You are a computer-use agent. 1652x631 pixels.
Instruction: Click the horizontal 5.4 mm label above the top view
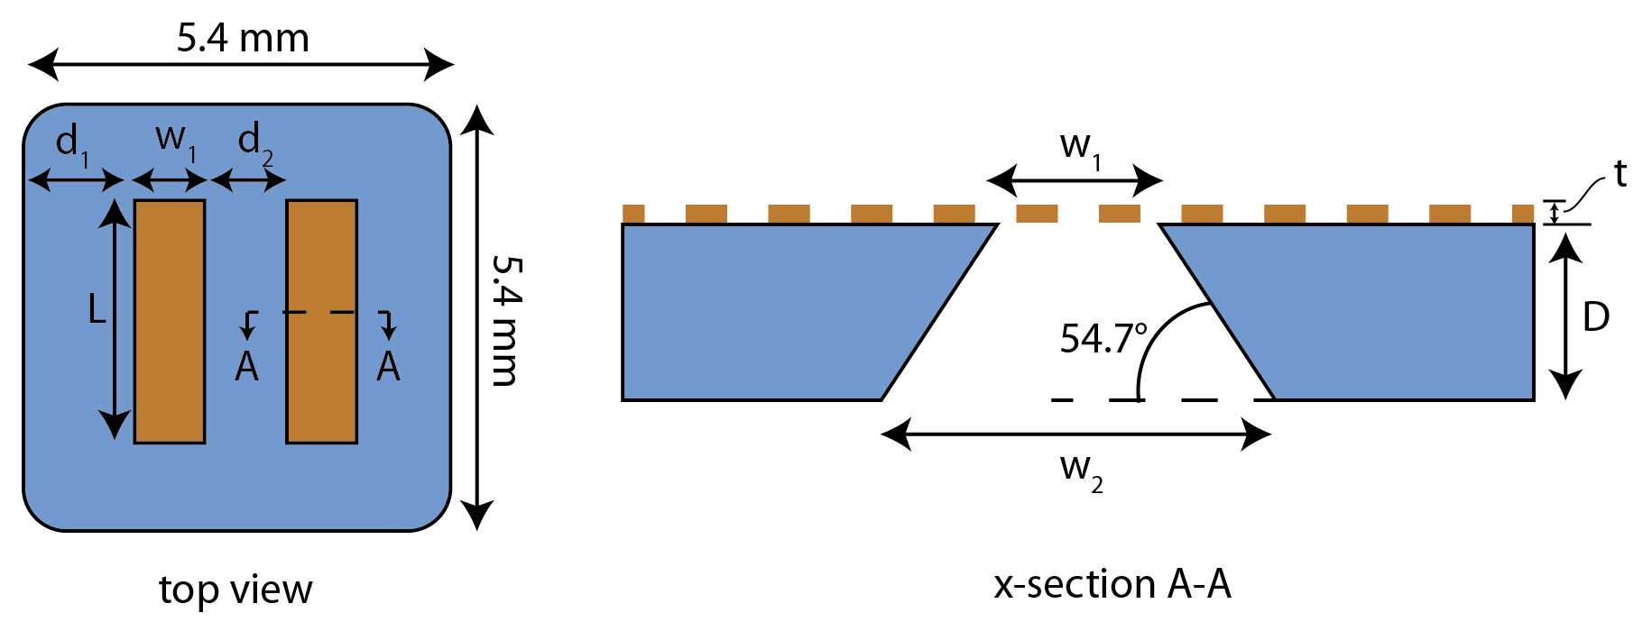(242, 39)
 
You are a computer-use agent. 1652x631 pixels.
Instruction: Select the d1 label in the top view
(71, 144)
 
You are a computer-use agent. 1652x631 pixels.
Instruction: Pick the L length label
(97, 310)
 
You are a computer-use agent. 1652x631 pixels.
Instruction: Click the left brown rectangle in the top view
(170, 322)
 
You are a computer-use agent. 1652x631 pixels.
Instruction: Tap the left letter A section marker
(246, 367)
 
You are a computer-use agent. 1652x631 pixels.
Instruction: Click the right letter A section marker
(388, 367)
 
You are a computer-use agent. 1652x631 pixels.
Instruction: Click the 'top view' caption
(235, 590)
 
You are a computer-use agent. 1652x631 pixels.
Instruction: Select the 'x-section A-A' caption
(1112, 585)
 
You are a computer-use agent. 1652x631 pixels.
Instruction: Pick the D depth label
(1596, 317)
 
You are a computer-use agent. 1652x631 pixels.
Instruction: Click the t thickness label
(1620, 174)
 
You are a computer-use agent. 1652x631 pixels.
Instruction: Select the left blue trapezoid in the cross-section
(776, 311)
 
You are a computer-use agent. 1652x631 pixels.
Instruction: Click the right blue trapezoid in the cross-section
(1389, 311)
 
